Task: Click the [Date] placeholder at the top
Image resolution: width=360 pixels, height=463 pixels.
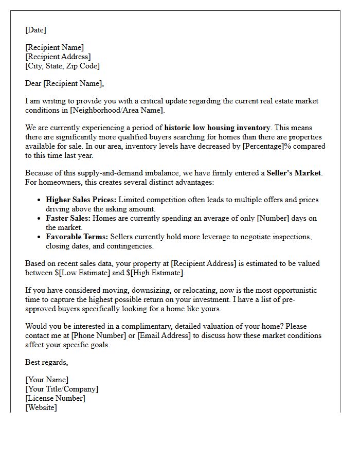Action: tap(35, 30)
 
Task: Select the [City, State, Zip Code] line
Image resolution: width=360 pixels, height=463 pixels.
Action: tap(62, 66)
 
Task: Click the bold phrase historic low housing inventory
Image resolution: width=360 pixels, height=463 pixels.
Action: tap(217, 128)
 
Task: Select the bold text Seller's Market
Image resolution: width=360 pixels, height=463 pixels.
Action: tap(293, 173)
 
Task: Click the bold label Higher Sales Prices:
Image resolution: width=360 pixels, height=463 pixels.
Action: tap(81, 200)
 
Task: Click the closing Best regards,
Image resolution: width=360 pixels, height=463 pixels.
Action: tap(46, 362)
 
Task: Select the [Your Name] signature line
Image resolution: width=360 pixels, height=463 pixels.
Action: tap(47, 380)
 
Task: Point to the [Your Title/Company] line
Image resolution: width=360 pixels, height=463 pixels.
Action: tap(62, 389)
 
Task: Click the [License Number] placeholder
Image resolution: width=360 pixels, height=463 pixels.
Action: tap(55, 398)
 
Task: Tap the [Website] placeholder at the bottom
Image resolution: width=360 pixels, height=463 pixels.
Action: tap(41, 407)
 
